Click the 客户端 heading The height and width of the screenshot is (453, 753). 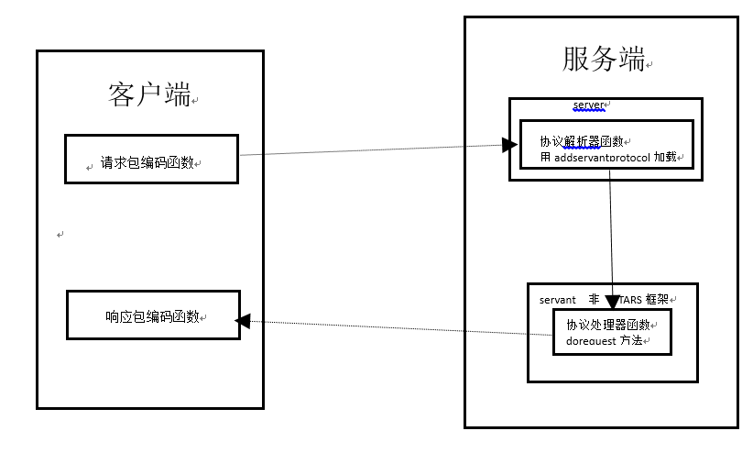(149, 94)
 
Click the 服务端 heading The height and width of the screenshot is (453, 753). (602, 60)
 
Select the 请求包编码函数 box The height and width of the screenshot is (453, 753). (151, 160)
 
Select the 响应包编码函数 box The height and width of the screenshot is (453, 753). (153, 316)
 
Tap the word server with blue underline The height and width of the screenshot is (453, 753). (589, 105)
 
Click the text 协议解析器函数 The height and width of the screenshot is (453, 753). (581, 141)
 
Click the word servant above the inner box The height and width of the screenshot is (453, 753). (558, 299)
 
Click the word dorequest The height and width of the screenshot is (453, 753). (592, 341)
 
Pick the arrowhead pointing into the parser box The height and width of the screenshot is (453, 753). (508, 144)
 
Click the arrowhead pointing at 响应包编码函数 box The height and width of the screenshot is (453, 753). (244, 320)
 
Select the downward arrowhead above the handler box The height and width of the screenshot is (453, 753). (613, 299)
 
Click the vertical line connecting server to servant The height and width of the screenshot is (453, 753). (611, 229)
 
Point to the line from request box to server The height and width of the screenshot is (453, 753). (366, 150)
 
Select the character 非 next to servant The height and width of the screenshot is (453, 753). (594, 299)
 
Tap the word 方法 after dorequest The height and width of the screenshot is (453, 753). (633, 341)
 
